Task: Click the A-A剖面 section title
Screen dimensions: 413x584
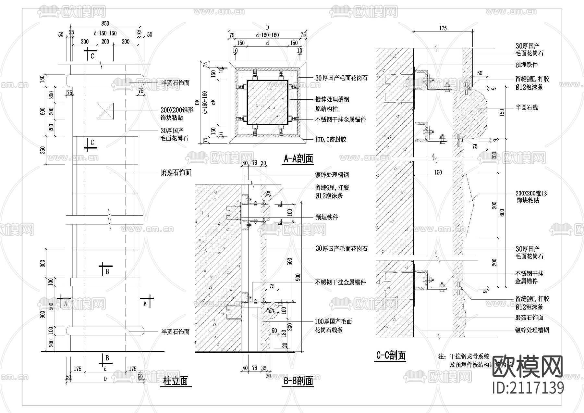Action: coord(298,158)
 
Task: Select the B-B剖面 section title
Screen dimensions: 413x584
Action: coord(298,381)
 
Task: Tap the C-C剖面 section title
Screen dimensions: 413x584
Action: coord(391,356)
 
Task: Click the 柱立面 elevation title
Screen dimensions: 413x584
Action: coord(176,381)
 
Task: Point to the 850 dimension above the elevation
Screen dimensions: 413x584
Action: coord(105,23)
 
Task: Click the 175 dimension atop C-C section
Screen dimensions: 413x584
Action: coord(443,28)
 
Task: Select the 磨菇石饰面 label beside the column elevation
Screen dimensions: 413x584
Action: coord(176,173)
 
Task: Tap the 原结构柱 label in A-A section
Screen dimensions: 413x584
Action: coord(327,109)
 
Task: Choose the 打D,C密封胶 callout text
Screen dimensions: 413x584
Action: coord(331,139)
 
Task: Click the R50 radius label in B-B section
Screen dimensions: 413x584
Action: coord(270,310)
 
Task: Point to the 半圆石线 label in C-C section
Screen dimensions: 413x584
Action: coord(527,107)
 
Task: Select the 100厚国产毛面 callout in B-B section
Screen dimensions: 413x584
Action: coord(333,321)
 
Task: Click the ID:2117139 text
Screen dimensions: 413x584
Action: coord(528,388)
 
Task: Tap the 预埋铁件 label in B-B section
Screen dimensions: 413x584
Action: coord(327,217)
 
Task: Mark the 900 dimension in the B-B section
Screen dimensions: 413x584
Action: coord(298,277)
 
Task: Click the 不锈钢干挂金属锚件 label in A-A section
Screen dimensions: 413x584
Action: coord(340,119)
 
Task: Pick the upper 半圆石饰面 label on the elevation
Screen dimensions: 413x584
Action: coord(175,83)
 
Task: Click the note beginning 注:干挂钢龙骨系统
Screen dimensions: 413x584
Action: coord(464,357)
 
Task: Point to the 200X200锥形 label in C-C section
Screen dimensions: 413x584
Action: coord(531,194)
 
